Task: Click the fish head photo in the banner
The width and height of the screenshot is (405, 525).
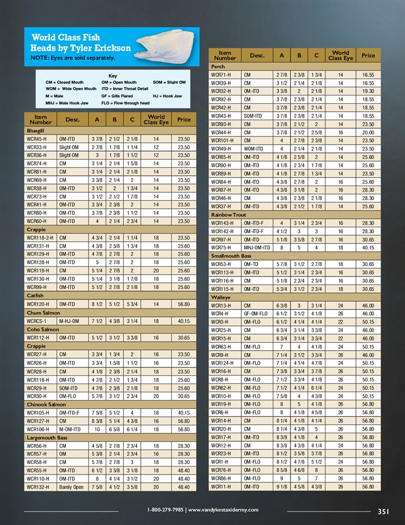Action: [168, 46]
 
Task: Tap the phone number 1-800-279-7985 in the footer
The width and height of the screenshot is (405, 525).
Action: [165, 510]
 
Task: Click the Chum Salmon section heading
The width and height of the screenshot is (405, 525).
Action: [43, 312]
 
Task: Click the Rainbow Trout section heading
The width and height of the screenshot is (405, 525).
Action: [228, 215]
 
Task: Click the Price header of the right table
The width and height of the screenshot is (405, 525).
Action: [368, 56]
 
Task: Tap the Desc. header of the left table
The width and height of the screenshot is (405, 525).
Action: [72, 119]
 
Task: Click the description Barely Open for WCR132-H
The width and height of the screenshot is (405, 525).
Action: [71, 487]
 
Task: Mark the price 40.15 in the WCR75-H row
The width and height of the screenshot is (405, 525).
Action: [368, 248]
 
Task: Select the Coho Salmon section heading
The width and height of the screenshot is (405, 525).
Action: [43, 329]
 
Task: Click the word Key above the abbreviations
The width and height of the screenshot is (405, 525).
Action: [112, 76]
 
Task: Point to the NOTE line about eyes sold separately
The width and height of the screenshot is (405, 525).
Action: [72, 58]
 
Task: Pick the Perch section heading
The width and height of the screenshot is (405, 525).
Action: [218, 66]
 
